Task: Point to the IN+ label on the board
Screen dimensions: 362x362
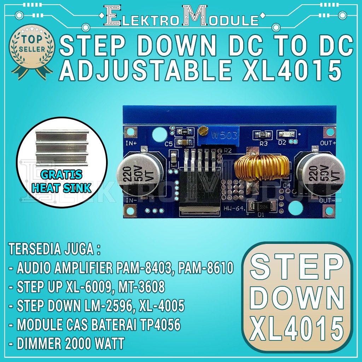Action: pyautogui.click(x=131, y=144)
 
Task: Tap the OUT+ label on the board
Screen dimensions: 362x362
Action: pyautogui.click(x=328, y=143)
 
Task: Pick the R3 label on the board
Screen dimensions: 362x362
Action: pyautogui.click(x=264, y=144)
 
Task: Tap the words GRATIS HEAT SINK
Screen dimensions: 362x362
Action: pyautogui.click(x=62, y=181)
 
